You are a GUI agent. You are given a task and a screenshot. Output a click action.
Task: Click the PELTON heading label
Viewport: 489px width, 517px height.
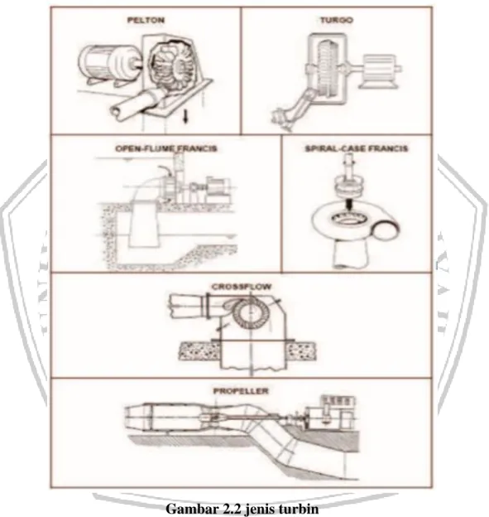coord(146,20)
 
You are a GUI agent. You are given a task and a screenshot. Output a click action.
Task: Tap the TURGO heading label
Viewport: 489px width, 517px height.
coord(337,20)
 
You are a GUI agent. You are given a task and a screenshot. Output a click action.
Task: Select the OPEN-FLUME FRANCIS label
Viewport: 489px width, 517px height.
coord(166,148)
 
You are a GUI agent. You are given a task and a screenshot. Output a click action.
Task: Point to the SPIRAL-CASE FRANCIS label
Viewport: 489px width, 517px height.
coord(357,148)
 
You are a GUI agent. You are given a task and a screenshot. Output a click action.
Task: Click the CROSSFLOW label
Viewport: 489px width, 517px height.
coord(242,287)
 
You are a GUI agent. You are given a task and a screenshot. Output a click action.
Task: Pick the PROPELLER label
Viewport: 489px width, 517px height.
coord(241,391)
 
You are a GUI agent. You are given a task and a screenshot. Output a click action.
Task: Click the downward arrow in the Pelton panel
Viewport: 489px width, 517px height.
coord(185,116)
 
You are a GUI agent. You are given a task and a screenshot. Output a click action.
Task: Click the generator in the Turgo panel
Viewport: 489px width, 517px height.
coord(379,71)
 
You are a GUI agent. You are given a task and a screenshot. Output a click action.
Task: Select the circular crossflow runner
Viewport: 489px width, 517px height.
coord(249,312)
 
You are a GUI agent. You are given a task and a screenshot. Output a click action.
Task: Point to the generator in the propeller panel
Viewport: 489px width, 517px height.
coord(329,414)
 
